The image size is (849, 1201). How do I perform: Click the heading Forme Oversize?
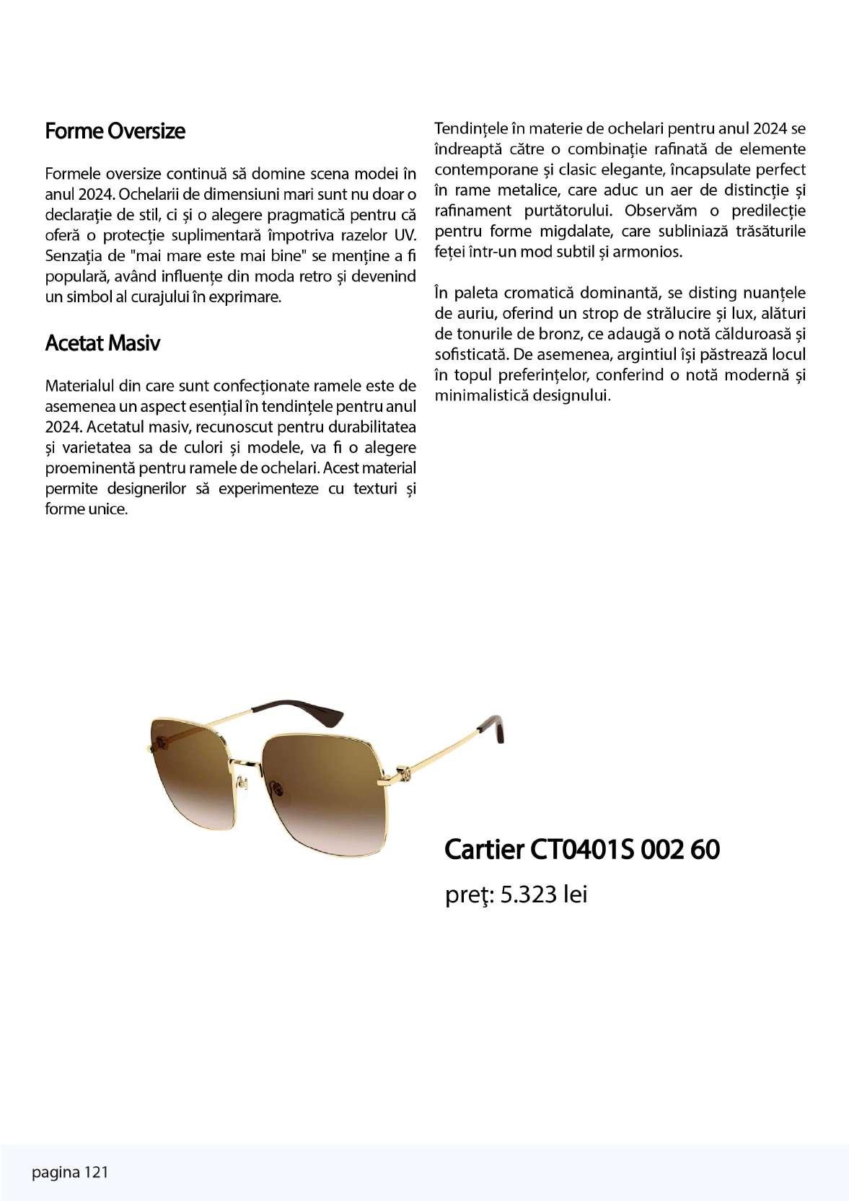[115, 131]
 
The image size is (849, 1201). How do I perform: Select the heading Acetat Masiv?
[102, 343]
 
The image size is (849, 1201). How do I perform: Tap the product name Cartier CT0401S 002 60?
[581, 850]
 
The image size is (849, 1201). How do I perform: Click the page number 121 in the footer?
[96, 1172]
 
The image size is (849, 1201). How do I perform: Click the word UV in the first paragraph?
[407, 235]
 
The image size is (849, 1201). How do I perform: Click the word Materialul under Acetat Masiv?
[81, 384]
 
